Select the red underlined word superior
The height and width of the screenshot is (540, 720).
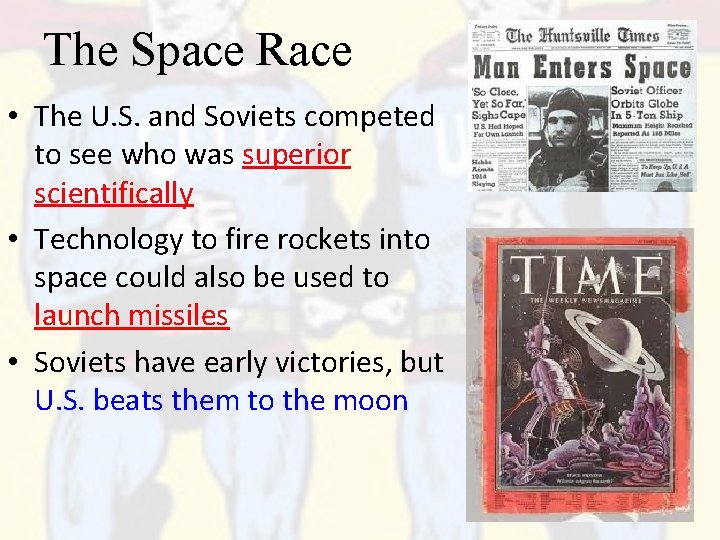[x=296, y=155]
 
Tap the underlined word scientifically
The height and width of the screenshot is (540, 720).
[x=113, y=193]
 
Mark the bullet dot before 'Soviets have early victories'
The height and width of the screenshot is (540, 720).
[x=19, y=363]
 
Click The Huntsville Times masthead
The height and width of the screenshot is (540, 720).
[x=581, y=36]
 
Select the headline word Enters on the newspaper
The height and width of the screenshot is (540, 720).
[x=572, y=68]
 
